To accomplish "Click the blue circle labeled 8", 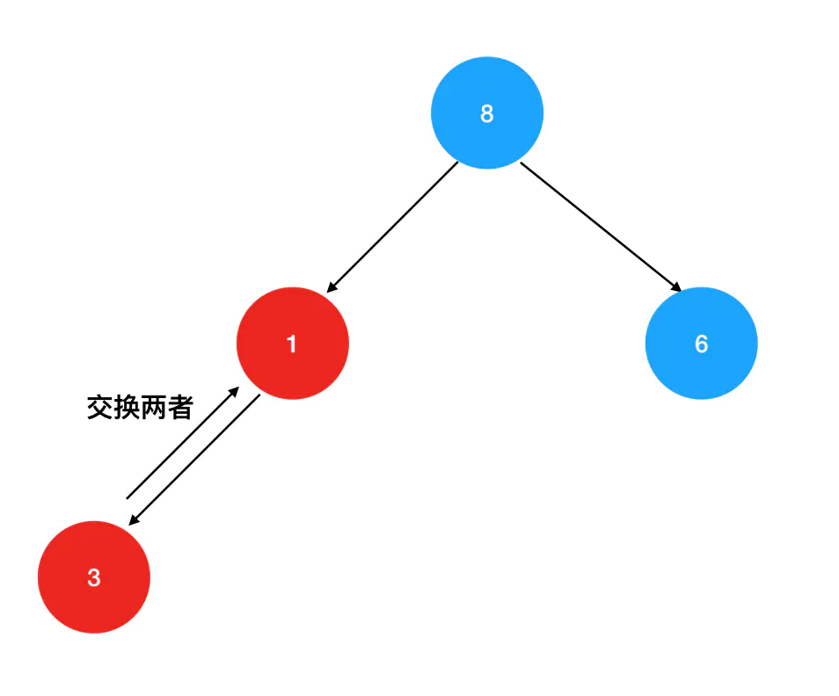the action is tap(487, 113).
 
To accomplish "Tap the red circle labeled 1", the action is tap(293, 344).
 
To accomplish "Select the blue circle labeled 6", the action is tap(701, 344).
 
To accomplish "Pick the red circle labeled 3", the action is tap(94, 577).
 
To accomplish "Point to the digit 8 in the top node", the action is tap(487, 113).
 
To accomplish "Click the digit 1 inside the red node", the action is tap(292, 344).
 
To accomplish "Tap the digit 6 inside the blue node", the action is tap(701, 344).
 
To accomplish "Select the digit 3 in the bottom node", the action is tap(94, 578).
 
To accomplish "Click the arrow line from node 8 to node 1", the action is tap(393, 227).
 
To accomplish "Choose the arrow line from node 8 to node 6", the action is tap(601, 226).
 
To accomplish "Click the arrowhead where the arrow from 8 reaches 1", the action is tap(331, 287).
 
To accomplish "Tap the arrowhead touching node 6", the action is tap(677, 287).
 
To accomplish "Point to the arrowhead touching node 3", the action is tap(133, 521).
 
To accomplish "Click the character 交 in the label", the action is tap(99, 407).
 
